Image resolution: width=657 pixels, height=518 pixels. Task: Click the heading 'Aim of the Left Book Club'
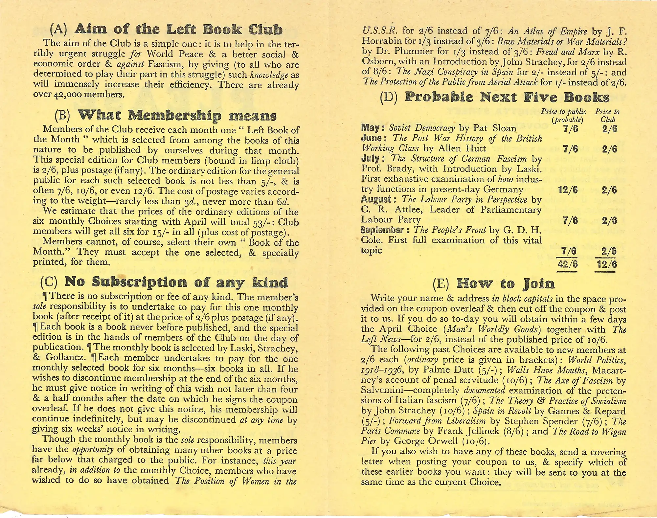click(178, 30)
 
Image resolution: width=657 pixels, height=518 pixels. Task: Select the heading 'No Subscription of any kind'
click(176, 282)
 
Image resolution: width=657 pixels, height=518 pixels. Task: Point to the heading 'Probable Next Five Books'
click(507, 97)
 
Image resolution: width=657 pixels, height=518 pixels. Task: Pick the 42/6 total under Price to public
click(567, 264)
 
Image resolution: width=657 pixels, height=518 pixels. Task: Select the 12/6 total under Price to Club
click(607, 264)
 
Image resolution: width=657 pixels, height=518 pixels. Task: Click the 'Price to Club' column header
click(607, 115)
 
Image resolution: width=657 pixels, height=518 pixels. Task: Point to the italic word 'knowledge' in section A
click(269, 75)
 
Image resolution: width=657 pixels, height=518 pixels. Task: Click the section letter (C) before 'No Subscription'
click(48, 282)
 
